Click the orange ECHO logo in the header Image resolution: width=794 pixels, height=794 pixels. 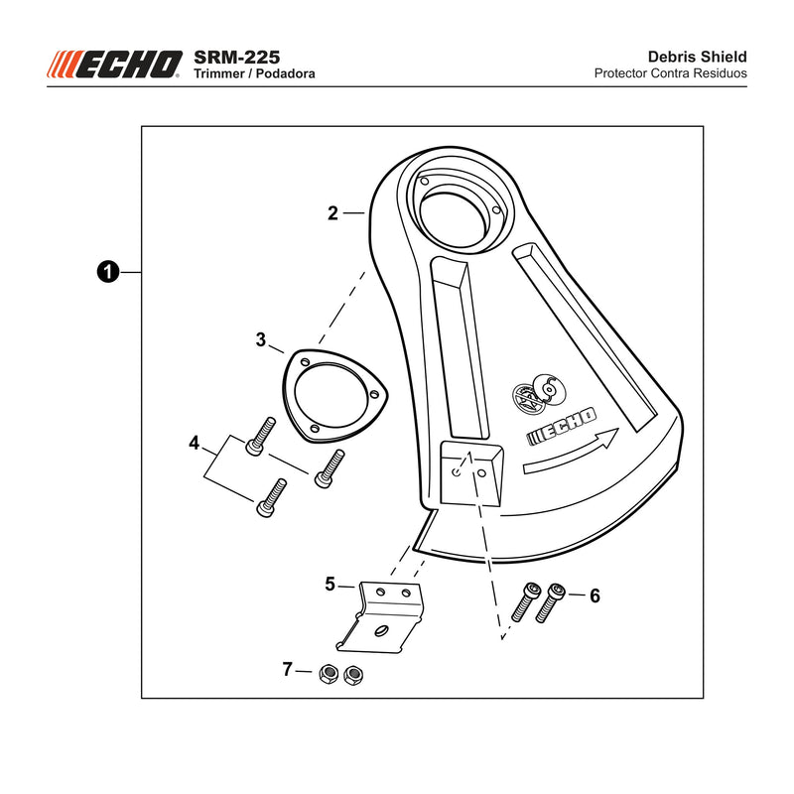114,65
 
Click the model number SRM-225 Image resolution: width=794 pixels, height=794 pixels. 236,57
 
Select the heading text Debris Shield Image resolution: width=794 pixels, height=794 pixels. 698,57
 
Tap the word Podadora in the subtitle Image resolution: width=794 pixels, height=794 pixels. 285,73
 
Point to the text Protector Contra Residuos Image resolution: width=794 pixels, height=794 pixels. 671,73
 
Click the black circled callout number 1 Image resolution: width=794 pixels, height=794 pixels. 107,272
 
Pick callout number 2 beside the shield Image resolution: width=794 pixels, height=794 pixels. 332,213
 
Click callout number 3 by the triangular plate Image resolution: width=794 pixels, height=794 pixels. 261,339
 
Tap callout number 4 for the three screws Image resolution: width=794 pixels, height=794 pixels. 195,443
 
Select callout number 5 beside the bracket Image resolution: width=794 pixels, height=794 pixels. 331,585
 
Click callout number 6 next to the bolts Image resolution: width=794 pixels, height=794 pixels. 595,596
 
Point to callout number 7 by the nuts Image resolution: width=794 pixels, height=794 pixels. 288,669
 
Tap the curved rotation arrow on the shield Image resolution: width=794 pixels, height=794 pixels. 570,451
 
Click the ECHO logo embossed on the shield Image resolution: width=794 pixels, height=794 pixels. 562,426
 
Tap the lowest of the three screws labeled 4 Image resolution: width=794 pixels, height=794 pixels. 271,498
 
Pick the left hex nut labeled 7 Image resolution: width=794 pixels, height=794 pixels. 329,674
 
